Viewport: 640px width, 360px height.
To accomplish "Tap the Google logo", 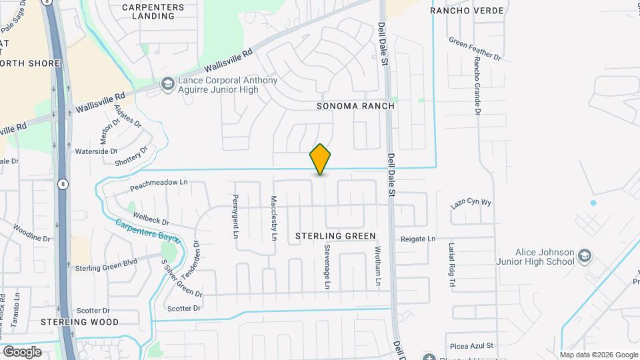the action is (x=22, y=351).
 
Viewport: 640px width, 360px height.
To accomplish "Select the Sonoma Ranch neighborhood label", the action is (x=355, y=106).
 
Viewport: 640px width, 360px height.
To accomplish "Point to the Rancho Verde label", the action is (x=467, y=11).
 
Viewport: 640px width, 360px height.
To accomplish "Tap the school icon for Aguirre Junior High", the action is (x=167, y=84).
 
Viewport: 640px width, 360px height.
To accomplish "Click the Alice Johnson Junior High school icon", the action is (x=584, y=256).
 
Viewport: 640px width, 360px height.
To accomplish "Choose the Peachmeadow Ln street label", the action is (x=159, y=181).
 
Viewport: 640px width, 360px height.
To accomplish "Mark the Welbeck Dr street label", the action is (x=151, y=217).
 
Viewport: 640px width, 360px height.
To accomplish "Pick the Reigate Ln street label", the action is (x=418, y=239).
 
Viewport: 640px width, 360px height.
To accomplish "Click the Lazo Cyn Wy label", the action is (x=470, y=203).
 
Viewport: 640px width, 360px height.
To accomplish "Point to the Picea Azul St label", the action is (x=471, y=346).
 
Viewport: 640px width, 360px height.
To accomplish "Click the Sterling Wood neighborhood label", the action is (x=79, y=322).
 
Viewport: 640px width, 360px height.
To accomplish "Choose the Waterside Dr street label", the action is (x=96, y=151).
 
